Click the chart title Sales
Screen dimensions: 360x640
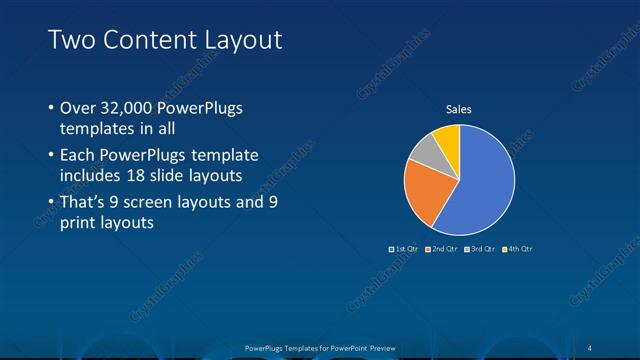click(x=458, y=110)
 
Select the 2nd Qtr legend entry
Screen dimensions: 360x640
click(x=444, y=248)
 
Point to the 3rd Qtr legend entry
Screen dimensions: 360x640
click(x=482, y=248)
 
